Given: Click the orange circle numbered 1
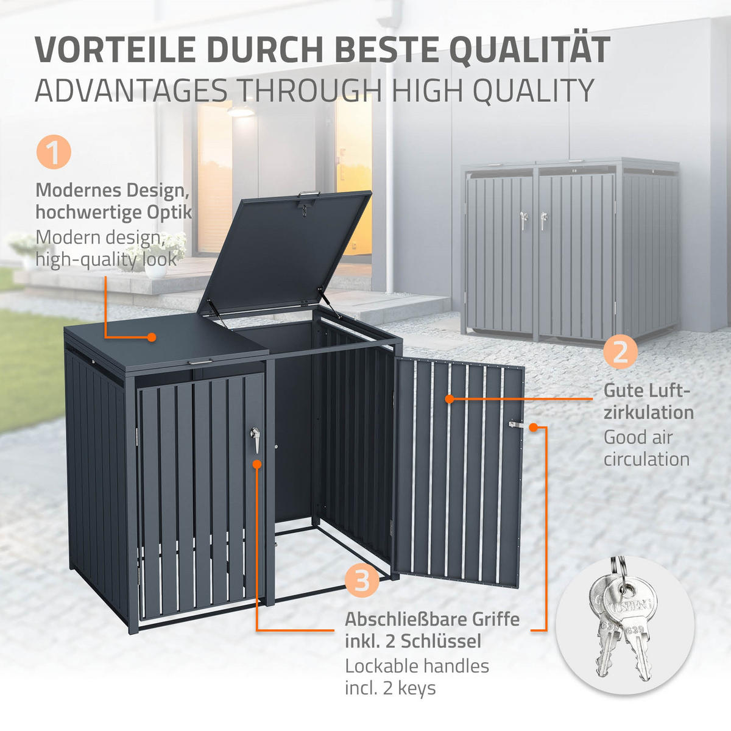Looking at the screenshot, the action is pyautogui.click(x=54, y=152).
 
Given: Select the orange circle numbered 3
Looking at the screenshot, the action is pyautogui.click(x=361, y=580).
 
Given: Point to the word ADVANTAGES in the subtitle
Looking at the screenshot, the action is pyautogui.click(x=131, y=90).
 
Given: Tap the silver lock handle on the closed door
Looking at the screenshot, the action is pyautogui.click(x=255, y=439).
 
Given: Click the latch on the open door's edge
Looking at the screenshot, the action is pyautogui.click(x=517, y=425).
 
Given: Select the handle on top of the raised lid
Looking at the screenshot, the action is pyautogui.click(x=309, y=194).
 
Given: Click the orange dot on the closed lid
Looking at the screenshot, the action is pyautogui.click(x=152, y=337).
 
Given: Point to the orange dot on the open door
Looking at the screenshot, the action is pyautogui.click(x=450, y=398).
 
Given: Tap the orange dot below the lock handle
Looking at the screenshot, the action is pyautogui.click(x=257, y=464).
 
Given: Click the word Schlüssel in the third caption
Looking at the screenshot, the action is pyautogui.click(x=441, y=641).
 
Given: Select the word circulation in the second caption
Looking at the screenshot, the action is pyautogui.click(x=646, y=459).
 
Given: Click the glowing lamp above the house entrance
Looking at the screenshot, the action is pyautogui.click(x=240, y=111).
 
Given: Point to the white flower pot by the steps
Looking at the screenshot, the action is pyautogui.click(x=155, y=270).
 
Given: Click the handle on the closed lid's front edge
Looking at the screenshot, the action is pyautogui.click(x=200, y=362).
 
